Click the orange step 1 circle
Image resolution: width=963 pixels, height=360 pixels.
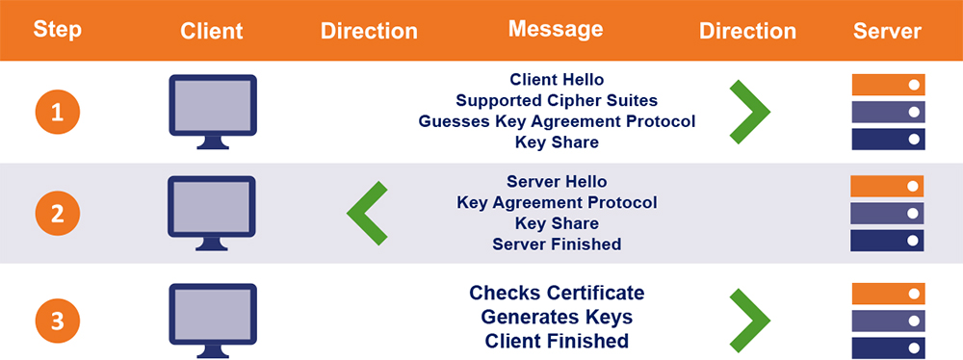(x=58, y=114)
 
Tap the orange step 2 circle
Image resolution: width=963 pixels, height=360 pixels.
(x=58, y=215)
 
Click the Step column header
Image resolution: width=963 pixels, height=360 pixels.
(x=58, y=30)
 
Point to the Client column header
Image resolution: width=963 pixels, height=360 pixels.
(x=211, y=31)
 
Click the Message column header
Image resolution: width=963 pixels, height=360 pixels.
(x=556, y=30)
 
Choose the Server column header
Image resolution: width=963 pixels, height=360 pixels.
(x=887, y=31)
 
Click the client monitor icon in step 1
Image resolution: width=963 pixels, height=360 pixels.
(x=212, y=110)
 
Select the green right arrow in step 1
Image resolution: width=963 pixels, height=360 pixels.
(x=748, y=113)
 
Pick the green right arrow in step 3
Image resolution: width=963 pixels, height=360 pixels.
(x=748, y=319)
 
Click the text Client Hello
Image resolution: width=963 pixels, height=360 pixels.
(x=557, y=80)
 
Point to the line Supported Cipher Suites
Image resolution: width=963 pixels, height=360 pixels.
(x=557, y=100)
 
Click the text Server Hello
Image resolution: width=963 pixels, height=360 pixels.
(x=557, y=182)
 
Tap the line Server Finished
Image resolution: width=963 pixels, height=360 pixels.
(x=557, y=244)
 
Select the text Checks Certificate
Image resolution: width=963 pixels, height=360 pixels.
(x=557, y=293)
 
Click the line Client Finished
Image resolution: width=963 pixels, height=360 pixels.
(x=557, y=341)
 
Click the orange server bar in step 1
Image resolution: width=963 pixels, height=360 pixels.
(x=887, y=85)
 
